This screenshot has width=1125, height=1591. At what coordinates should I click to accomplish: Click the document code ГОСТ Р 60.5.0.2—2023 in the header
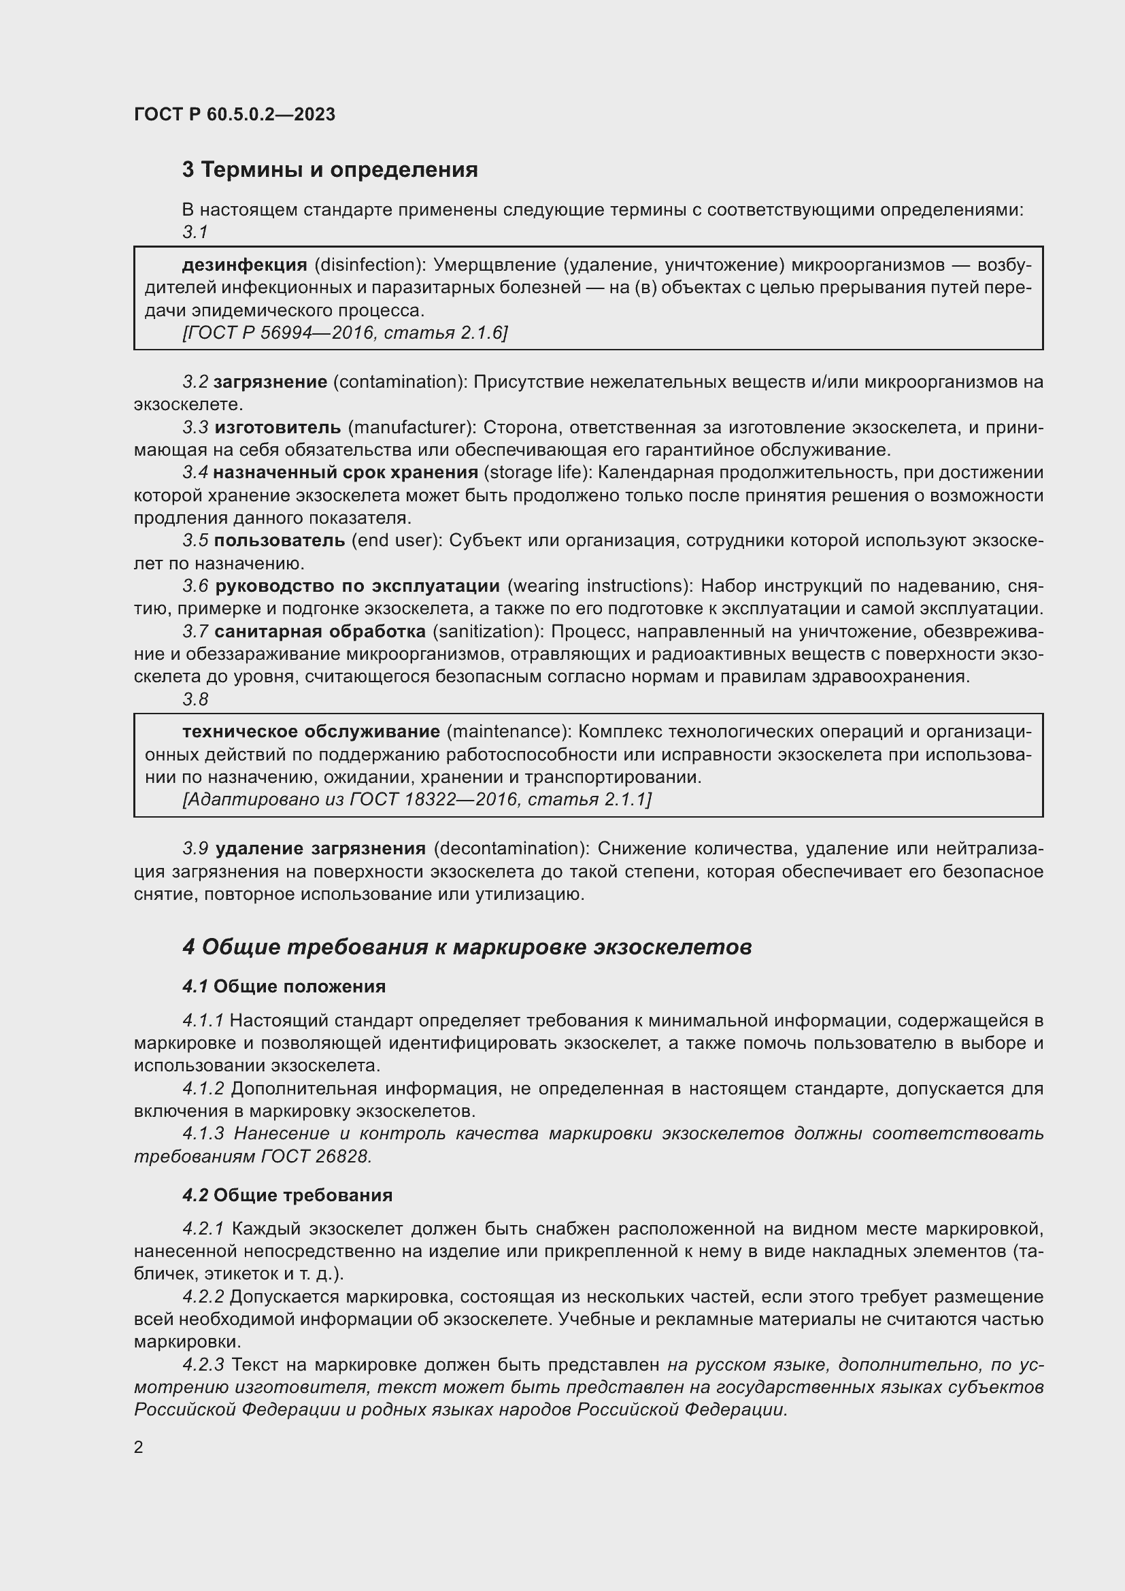pos(234,114)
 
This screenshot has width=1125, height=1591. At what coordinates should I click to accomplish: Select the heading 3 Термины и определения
pos(330,170)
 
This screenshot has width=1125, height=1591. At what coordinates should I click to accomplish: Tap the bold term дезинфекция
pos(244,265)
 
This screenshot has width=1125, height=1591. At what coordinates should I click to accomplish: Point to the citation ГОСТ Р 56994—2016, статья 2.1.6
pos(344,333)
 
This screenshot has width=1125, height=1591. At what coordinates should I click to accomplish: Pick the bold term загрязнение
pos(270,382)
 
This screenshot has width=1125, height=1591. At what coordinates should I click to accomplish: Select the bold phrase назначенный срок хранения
pos(345,473)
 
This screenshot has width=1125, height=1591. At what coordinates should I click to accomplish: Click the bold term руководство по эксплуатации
pos(357,586)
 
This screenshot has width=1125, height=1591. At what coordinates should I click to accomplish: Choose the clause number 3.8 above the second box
pos(195,699)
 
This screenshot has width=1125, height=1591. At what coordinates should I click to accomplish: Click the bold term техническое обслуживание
pos(311,732)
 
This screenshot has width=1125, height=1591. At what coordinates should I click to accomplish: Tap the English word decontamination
pos(511,848)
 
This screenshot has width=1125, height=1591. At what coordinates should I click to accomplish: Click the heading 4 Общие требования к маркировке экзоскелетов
pos(467,947)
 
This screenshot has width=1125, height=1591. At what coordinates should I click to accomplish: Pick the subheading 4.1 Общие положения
pos(284,986)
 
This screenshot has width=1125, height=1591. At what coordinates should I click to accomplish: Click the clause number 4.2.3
pos(203,1365)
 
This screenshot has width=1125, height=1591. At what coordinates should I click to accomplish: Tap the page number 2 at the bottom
pos(139,1447)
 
